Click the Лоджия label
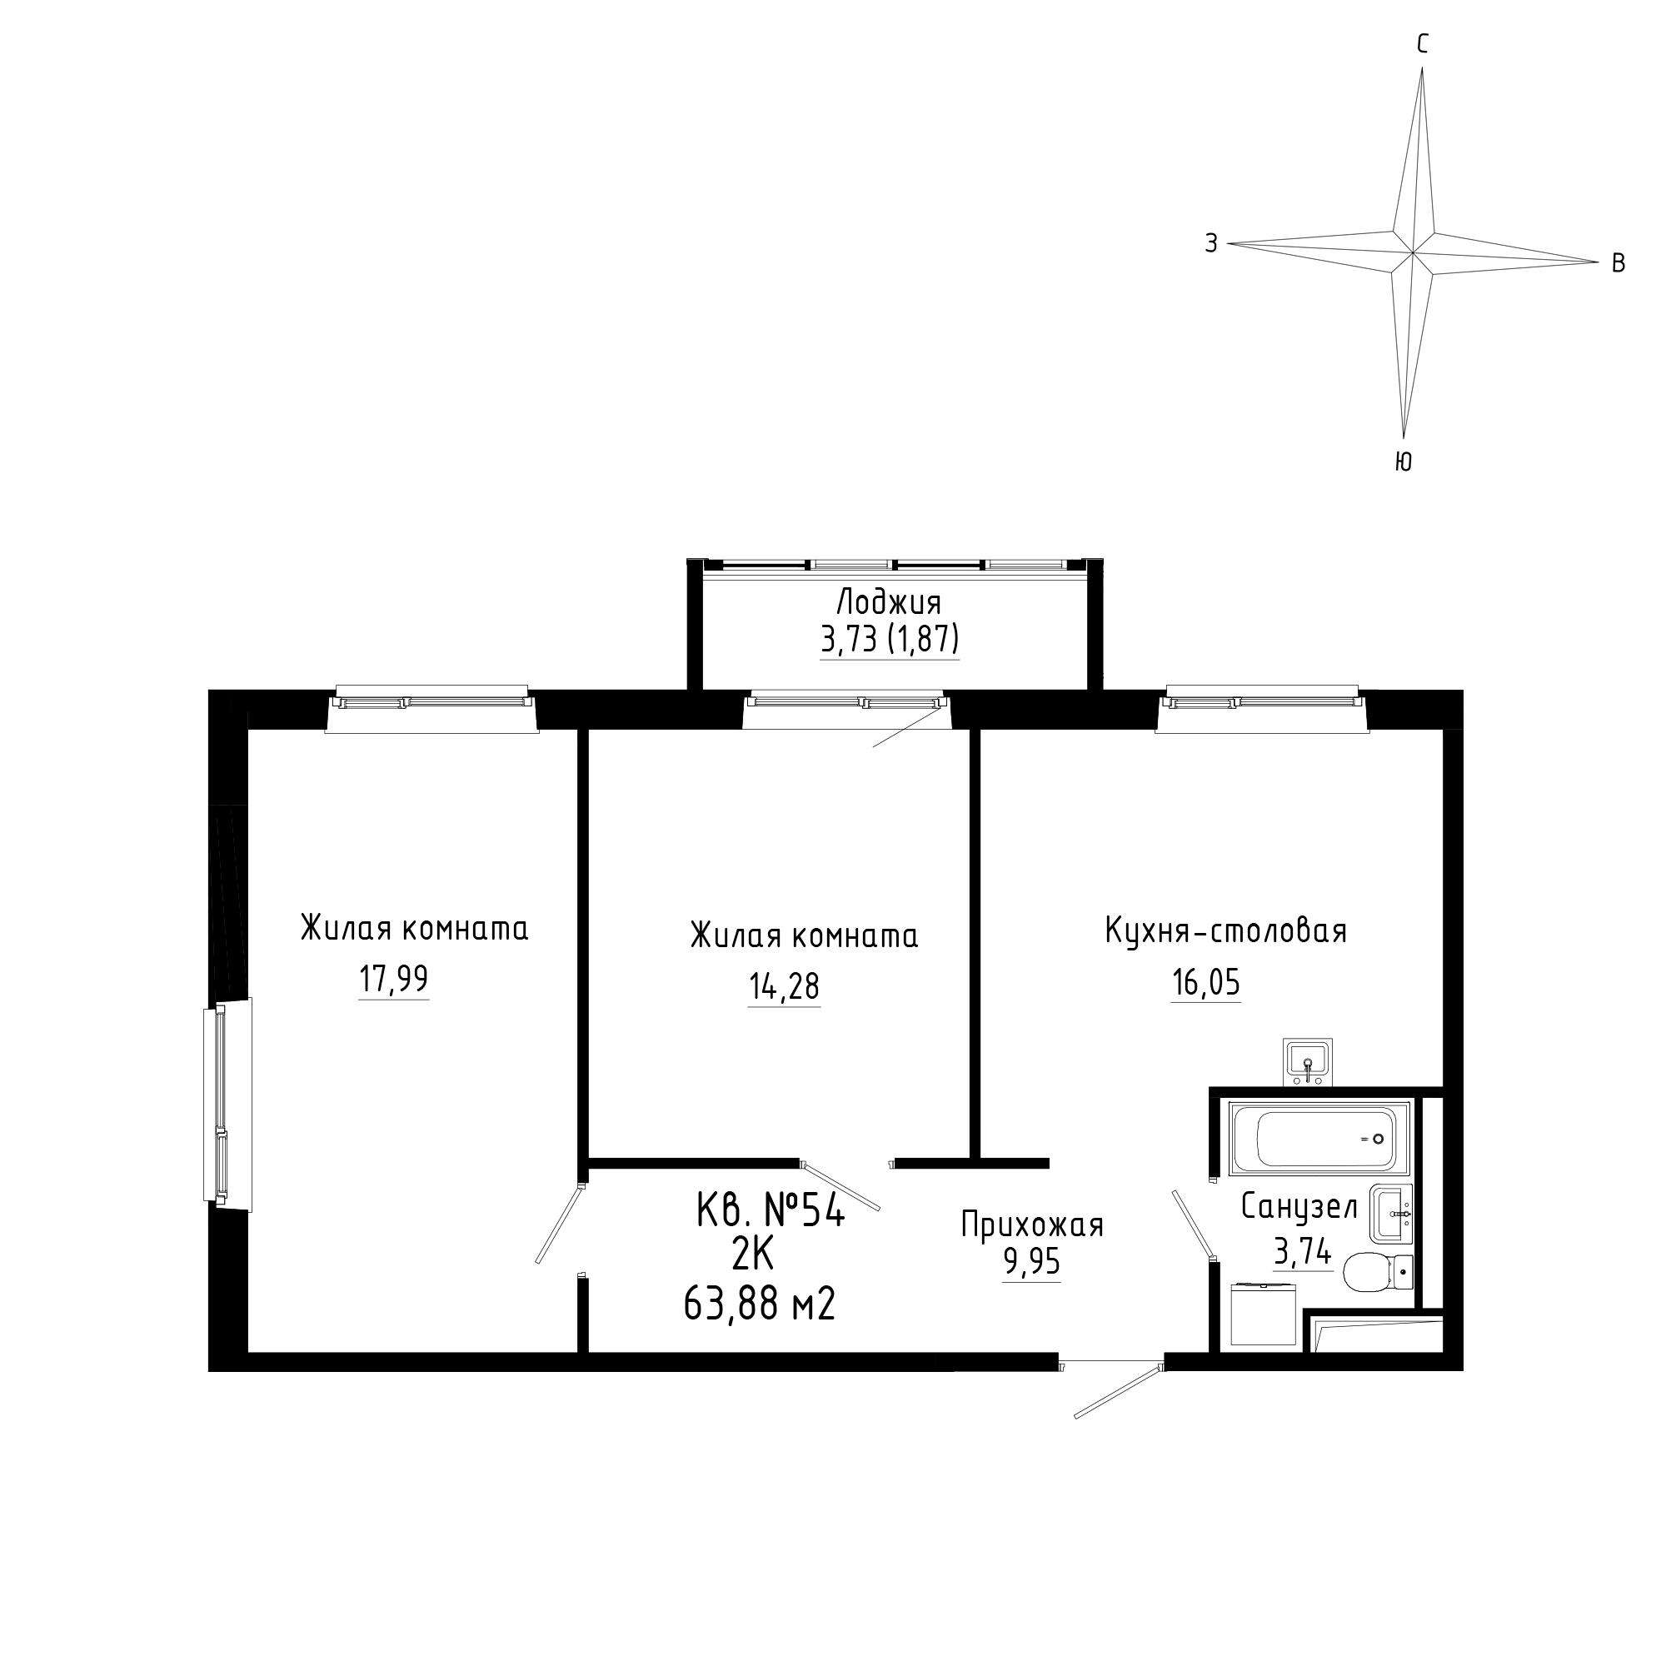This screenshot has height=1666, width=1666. (x=889, y=602)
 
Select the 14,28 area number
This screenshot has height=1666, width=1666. (x=784, y=986)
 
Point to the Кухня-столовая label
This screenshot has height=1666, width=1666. (x=1225, y=931)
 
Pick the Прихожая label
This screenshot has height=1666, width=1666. (x=1032, y=1225)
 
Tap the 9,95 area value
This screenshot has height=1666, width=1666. (x=1031, y=1264)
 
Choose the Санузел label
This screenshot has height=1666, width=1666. (x=1299, y=1207)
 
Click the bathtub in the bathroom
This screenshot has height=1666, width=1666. (x=1319, y=1138)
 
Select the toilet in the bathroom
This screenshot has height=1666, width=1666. (x=1378, y=1271)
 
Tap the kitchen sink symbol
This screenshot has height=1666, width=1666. (x=1308, y=1062)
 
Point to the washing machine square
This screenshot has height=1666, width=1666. (x=1264, y=1314)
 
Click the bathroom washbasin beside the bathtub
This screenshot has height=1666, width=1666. (x=1391, y=1215)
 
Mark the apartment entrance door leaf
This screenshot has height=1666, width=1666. (x=1117, y=1392)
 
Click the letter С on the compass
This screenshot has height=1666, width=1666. (x=1423, y=44)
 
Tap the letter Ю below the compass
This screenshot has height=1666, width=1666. (x=1403, y=462)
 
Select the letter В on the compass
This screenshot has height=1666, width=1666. (x=1619, y=263)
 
